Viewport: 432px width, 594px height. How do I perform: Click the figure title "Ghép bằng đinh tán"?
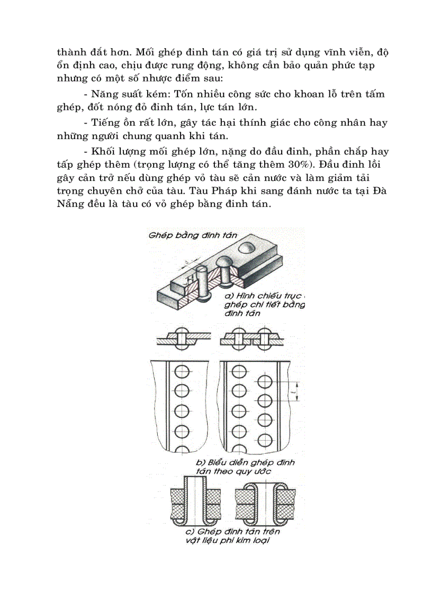[193, 235]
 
